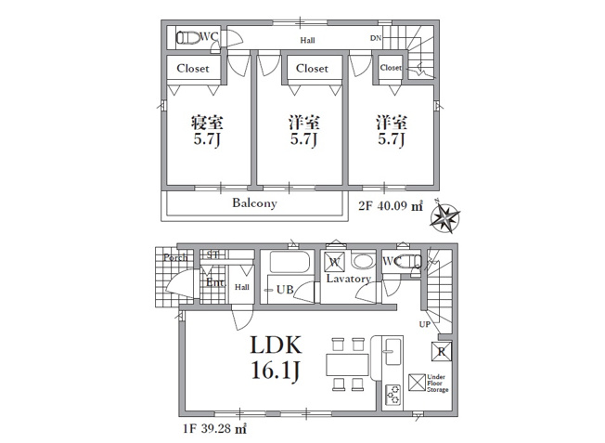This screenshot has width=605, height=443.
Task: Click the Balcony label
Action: tap(254, 203)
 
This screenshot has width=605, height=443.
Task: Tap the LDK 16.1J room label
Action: tap(276, 357)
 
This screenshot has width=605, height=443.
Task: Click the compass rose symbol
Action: tap(448, 218)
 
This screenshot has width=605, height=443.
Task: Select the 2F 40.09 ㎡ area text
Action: tap(391, 206)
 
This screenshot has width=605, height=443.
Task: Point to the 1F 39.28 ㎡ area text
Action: tap(213, 430)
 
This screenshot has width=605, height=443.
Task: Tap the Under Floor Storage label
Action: tap(437, 383)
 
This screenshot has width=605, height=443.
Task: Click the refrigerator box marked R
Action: tap(441, 352)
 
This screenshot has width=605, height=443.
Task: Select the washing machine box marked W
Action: tap(335, 262)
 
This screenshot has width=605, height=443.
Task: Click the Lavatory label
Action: tap(348, 279)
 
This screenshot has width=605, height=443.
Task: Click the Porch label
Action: tap(175, 257)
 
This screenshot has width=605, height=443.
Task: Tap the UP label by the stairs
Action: tap(424, 324)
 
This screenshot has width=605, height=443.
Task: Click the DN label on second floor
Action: tap(376, 38)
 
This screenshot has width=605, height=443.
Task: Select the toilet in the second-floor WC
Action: tap(188, 38)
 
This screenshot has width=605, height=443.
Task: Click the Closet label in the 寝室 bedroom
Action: tap(194, 69)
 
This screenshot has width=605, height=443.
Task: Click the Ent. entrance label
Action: tap(215, 282)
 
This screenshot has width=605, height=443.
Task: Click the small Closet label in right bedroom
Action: tap(390, 68)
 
